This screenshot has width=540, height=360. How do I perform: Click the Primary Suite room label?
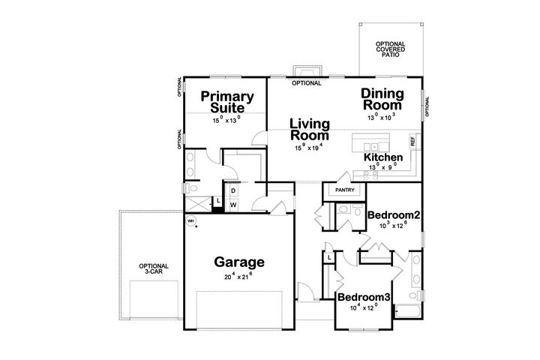[226, 102]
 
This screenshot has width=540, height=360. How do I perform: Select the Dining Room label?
[382, 100]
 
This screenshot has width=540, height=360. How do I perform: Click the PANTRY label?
[343, 190]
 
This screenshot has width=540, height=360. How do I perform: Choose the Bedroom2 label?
[393, 215]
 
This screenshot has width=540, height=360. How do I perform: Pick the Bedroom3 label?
[364, 298]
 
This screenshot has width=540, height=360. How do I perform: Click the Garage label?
[239, 262]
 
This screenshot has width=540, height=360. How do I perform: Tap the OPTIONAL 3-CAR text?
[153, 268]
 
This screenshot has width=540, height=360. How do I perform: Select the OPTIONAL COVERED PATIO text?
[391, 49]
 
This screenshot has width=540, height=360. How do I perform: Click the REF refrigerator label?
[412, 139]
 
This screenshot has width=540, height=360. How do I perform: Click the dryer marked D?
[233, 190]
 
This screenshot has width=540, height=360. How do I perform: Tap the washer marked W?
[233, 203]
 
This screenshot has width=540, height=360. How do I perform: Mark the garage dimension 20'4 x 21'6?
[239, 277]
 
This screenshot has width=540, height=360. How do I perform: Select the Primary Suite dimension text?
[226, 118]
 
